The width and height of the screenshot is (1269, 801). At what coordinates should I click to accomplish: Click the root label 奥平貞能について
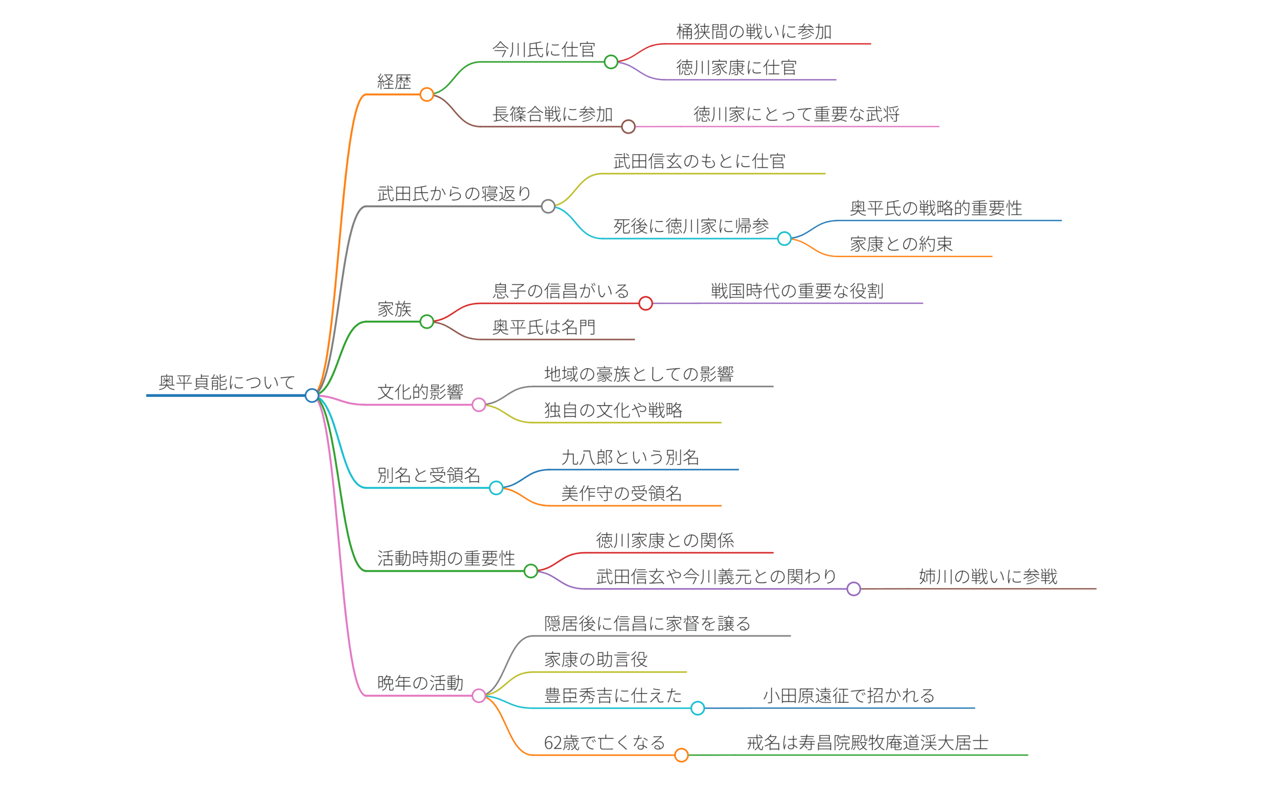click(x=227, y=382)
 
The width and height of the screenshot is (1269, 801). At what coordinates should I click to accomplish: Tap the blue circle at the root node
click(x=312, y=395)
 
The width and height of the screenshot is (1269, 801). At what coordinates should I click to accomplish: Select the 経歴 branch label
click(x=394, y=82)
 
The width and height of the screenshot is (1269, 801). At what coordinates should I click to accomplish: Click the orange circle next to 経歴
click(x=427, y=95)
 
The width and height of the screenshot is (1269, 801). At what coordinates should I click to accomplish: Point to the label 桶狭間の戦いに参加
click(x=753, y=32)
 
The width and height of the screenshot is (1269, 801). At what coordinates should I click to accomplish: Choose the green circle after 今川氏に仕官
click(x=611, y=62)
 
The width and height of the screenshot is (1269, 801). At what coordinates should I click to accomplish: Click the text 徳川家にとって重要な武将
click(x=796, y=114)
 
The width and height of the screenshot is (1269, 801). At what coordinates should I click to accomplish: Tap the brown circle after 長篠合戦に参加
click(x=628, y=126)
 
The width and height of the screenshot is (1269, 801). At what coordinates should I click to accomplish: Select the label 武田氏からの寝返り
click(x=454, y=193)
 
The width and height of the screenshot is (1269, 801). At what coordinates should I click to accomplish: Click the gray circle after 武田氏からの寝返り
click(x=548, y=207)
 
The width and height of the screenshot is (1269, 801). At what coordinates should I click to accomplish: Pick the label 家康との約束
click(x=901, y=244)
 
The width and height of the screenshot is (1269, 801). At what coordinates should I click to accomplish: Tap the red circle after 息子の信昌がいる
click(x=645, y=303)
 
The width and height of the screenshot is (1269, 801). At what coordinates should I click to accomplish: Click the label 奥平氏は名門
click(x=544, y=327)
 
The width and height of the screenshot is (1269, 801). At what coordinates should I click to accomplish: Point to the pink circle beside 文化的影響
click(x=478, y=405)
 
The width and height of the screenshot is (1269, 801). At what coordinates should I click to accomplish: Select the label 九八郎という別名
click(x=630, y=457)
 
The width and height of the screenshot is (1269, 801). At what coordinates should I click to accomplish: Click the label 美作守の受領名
click(x=621, y=493)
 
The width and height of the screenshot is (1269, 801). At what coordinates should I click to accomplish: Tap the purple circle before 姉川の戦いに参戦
click(x=854, y=589)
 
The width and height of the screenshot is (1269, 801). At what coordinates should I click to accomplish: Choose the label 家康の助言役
click(x=595, y=659)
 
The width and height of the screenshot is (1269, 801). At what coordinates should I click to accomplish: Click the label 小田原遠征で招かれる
click(x=849, y=695)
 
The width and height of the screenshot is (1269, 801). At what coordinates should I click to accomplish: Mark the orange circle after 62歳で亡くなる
click(x=682, y=755)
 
